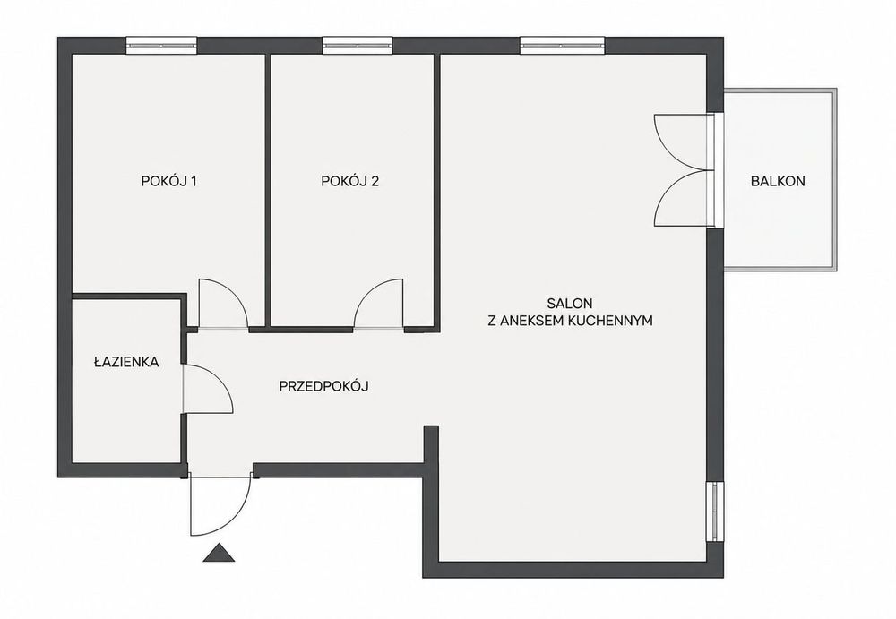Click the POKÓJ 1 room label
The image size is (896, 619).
[x=169, y=181]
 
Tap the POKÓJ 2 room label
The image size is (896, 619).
[x=349, y=181]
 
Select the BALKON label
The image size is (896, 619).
[x=778, y=181]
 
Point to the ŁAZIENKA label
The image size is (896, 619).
[x=126, y=361]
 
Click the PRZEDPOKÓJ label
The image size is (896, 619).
[x=323, y=386]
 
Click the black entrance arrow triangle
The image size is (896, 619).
[x=219, y=553]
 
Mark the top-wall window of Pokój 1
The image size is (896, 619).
[x=161, y=45]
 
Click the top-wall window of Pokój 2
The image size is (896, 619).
[x=358, y=45]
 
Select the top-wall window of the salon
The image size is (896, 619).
[x=562, y=45]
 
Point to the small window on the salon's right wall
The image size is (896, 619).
[x=715, y=511]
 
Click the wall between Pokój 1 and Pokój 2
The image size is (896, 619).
[x=267, y=192]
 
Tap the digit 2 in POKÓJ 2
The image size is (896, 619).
[x=375, y=181]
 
